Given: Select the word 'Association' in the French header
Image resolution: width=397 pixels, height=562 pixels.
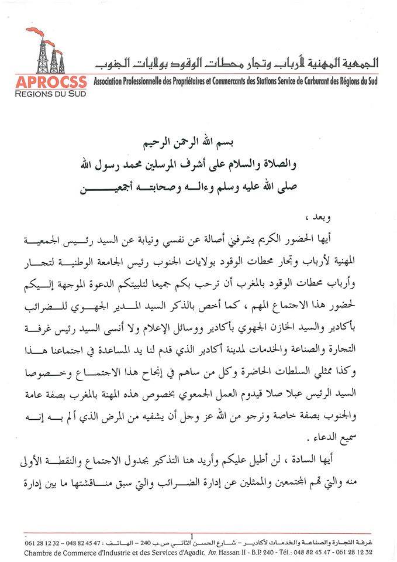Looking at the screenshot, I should point(111,81).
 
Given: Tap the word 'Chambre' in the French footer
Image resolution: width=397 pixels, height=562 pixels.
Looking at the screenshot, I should point(38,551).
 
